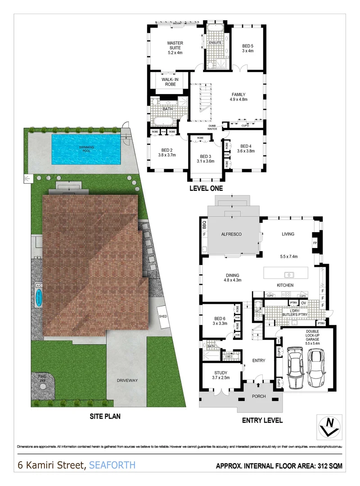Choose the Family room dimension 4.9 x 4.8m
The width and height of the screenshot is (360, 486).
point(238,100)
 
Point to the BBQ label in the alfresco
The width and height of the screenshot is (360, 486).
point(204,223)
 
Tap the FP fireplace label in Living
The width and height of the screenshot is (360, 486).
point(315,243)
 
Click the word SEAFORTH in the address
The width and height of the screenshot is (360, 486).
point(112,465)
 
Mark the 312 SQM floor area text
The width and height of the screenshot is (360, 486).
point(326,466)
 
